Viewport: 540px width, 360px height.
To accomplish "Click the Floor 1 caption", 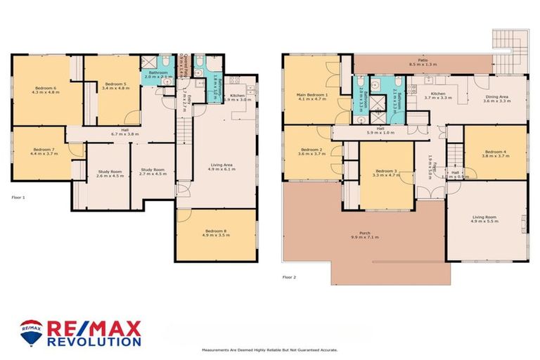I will click(x=18, y=198).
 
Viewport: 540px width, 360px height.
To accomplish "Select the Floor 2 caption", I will click(x=289, y=277).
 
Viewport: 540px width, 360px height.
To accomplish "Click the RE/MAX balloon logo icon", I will click(x=31, y=333).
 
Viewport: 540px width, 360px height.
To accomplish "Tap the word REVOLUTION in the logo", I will click(x=94, y=341).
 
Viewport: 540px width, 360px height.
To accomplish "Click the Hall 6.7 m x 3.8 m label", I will click(x=125, y=132).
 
